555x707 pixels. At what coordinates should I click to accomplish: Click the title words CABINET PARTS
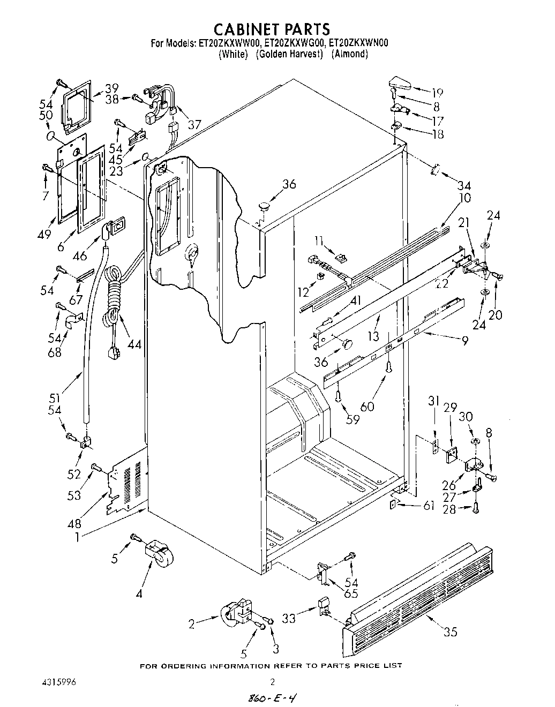[x=272, y=28]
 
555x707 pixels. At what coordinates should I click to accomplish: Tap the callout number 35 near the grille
[x=451, y=632]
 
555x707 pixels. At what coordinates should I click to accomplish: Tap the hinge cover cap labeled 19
[x=399, y=84]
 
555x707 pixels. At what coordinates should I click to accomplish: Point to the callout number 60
[x=367, y=406]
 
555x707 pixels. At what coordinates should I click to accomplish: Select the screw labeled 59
[x=338, y=396]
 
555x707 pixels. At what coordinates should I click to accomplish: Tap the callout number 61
[x=428, y=505]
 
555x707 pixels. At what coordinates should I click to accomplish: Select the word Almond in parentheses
[x=349, y=54]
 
